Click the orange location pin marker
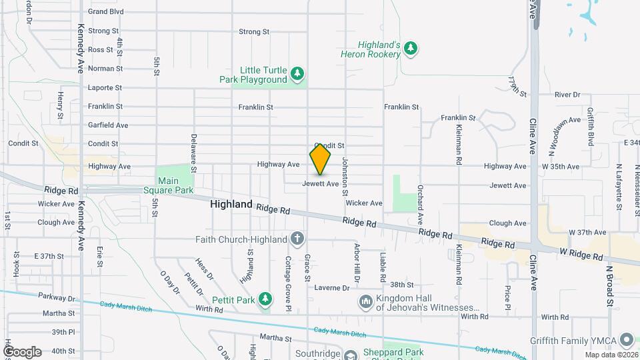(320, 159)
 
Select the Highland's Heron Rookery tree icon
(411, 47)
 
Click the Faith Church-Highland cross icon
(297, 239)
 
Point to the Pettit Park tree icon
(266, 298)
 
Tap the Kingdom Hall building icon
(365, 302)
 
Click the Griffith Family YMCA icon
(626, 339)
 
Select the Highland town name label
(231, 205)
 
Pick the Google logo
(22, 351)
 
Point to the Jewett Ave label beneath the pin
(321, 183)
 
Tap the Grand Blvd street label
(106, 11)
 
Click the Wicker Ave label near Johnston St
(364, 203)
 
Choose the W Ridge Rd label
(581, 255)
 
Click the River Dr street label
(567, 95)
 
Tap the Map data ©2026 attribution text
(611, 355)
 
